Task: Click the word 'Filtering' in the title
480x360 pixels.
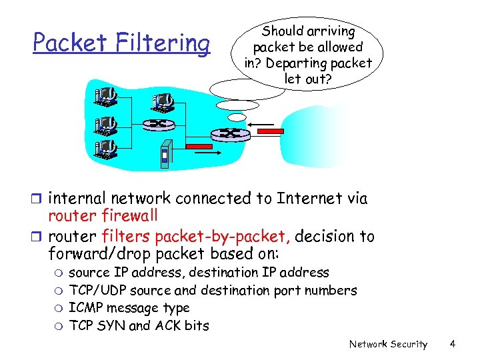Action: click(166, 43)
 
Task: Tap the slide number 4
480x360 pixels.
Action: click(452, 344)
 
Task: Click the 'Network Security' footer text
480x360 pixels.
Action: click(388, 344)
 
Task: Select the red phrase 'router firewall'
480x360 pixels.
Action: click(103, 215)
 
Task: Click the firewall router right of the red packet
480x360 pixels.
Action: click(231, 134)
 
